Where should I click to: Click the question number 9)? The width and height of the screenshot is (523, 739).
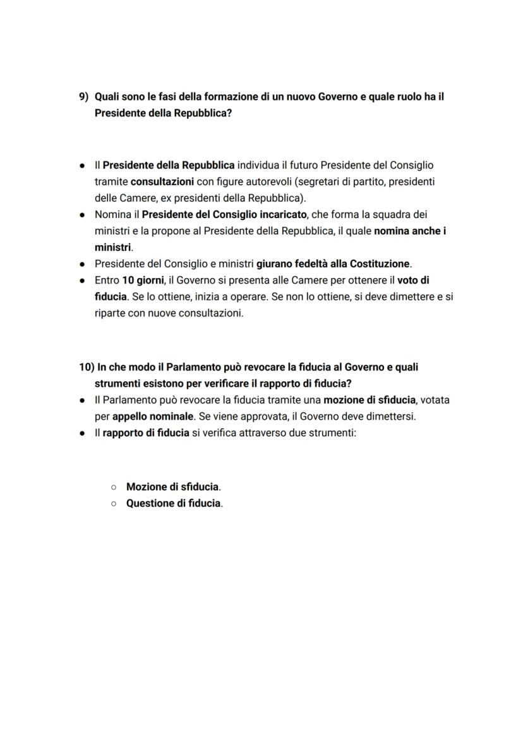84,97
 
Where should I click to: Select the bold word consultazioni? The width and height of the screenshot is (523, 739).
162,181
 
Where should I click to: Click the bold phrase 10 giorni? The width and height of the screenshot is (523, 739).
143,280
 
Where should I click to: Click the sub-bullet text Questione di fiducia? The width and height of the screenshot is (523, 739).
174,504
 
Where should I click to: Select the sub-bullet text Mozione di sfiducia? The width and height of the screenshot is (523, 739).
173,487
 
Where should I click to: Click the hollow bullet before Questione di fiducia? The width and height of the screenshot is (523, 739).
113,504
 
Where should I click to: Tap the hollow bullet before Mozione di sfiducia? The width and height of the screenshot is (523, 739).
113,487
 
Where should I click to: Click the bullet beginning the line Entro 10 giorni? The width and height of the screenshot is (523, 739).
83,280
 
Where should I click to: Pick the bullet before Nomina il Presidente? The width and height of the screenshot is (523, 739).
83,214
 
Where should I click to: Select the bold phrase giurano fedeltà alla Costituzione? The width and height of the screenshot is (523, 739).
333,264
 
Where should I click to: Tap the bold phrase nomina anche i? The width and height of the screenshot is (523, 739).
409,231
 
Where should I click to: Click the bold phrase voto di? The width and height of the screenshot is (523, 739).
413,280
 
